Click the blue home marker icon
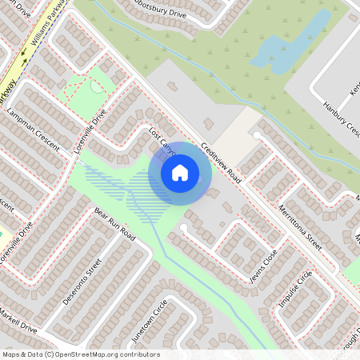coord(180,173)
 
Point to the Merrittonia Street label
coord(302,228)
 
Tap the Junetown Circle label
coord(150,320)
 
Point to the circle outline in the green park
coord(97,86)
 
